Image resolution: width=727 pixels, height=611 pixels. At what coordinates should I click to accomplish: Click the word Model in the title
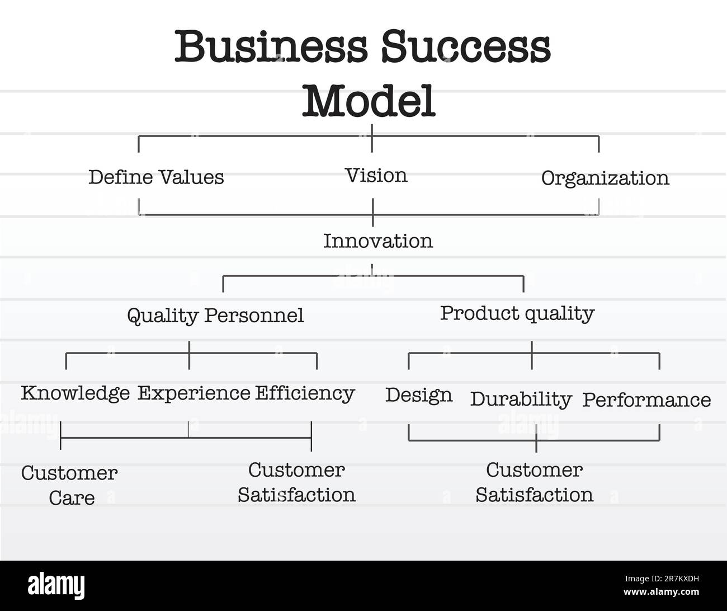coord(369,101)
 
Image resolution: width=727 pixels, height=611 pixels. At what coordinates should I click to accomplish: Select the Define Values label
coord(156,177)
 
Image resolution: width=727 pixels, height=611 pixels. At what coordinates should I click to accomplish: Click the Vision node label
coord(376,176)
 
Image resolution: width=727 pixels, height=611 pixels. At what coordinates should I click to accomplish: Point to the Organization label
coord(605,178)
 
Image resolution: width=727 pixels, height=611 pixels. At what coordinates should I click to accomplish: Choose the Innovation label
coord(378,241)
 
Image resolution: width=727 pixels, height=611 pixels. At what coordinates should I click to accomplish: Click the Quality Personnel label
coord(215,316)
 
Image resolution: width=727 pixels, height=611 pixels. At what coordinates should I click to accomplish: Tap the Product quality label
coord(517,313)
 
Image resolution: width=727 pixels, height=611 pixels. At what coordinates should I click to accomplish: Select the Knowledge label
coord(75,393)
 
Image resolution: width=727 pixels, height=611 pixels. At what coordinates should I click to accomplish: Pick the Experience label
coord(193,393)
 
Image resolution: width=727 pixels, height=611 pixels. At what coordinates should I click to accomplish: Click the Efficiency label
coord(305,393)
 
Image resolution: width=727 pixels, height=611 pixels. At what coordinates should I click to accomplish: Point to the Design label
coord(418,395)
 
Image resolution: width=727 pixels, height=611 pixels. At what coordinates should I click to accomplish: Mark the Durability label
coord(521,399)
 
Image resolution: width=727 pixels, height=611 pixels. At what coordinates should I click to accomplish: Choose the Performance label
coord(646,400)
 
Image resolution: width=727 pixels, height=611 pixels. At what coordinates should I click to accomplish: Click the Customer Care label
coord(70,485)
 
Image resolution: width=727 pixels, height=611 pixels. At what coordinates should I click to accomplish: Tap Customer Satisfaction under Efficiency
coord(296,482)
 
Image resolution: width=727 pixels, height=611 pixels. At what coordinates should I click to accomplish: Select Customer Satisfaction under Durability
coord(535,482)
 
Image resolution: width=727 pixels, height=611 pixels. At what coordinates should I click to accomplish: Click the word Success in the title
coord(466,47)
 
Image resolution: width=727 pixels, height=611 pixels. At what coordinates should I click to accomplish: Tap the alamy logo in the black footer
coord(56,586)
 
